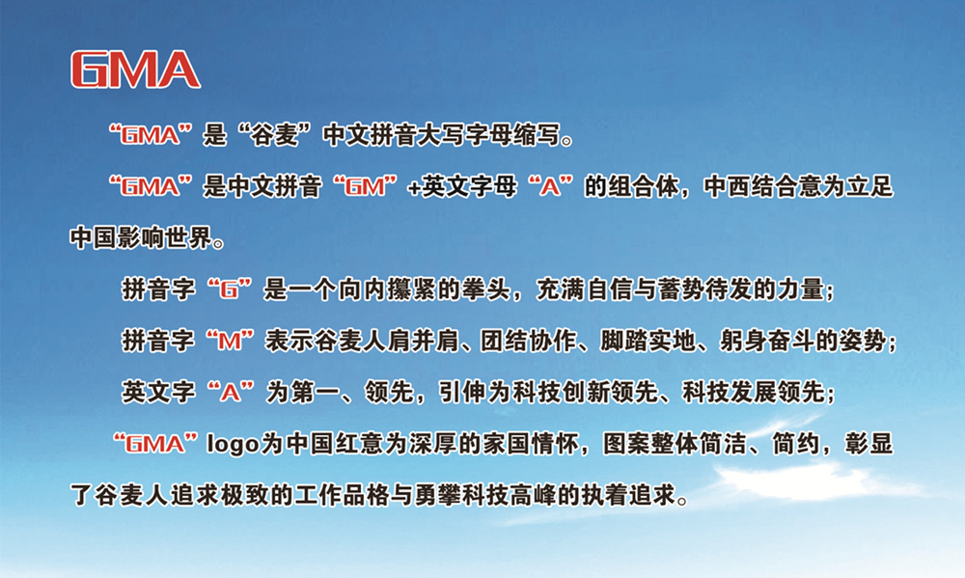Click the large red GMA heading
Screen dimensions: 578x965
(x=135, y=69)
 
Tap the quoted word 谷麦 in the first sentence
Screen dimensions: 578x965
(x=272, y=134)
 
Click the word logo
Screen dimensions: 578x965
(x=232, y=445)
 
